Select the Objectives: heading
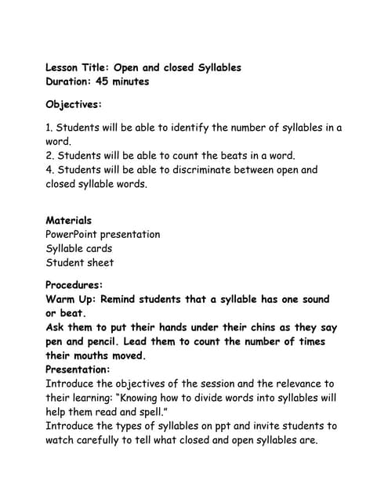click(74, 104)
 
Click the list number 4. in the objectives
click(50, 170)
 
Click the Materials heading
click(68, 221)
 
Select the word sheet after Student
click(100, 262)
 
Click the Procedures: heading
click(74, 286)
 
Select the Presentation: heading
click(78, 369)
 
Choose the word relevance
click(282, 384)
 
